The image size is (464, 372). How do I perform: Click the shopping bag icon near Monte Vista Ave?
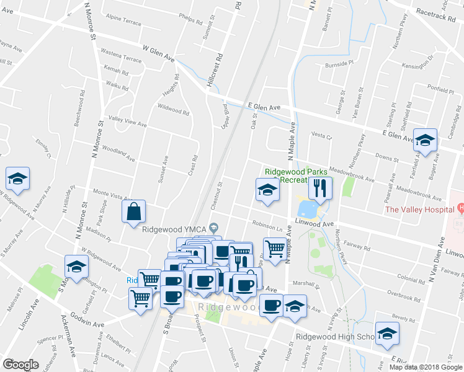[x=133, y=212]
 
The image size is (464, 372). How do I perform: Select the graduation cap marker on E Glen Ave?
[x=426, y=141]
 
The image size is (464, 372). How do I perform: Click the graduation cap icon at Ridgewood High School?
[x=387, y=334]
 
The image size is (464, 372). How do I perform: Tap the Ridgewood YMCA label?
[x=175, y=228]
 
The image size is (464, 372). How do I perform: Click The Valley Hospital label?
[x=420, y=209]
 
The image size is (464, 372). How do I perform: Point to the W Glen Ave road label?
[x=158, y=51]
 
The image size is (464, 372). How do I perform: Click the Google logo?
[x=20, y=365]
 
